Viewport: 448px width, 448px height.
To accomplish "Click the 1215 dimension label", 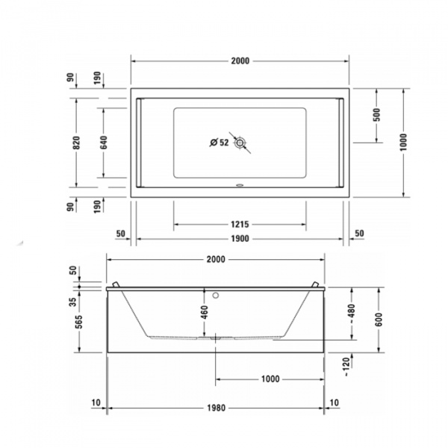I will click(240, 224).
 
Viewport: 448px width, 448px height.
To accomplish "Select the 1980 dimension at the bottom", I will click(216, 408).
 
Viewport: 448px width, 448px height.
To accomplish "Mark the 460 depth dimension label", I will click(204, 312).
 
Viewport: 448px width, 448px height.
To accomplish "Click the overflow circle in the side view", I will click(216, 293).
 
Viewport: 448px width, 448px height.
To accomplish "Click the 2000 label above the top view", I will click(240, 60).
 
